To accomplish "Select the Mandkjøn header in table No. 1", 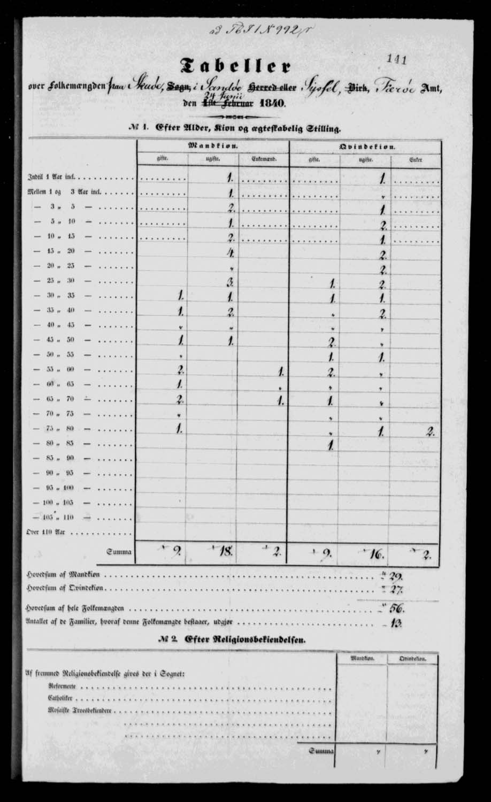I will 213,145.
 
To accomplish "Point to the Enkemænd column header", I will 263,159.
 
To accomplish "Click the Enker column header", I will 416,159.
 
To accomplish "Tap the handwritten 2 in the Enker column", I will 430,433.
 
